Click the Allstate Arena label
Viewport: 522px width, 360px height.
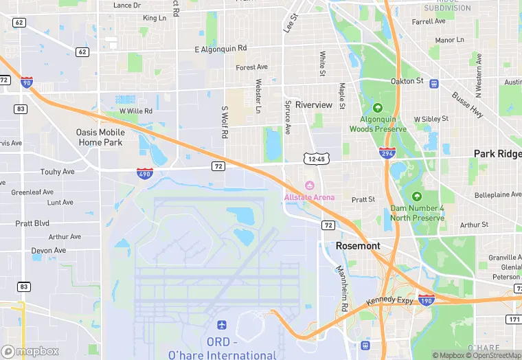[x=309, y=198]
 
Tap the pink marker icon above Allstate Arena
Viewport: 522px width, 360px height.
[x=309, y=185]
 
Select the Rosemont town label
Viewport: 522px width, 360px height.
[x=358, y=246]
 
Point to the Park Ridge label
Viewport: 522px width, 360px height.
[x=497, y=154]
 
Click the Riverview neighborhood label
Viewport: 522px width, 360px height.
[x=314, y=105]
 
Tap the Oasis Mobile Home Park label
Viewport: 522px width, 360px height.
[x=100, y=137]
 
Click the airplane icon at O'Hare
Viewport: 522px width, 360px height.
[x=221, y=324]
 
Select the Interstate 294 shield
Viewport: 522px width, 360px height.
[x=387, y=153]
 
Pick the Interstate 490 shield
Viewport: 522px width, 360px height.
[x=145, y=173]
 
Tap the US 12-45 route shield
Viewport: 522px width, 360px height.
[x=317, y=159]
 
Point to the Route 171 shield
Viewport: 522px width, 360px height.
[x=513, y=319]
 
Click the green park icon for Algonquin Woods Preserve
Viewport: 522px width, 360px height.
[x=377, y=107]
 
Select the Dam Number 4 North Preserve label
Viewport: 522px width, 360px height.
[x=417, y=213]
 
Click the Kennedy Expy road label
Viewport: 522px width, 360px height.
[x=389, y=301]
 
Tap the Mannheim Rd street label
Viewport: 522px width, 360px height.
[x=341, y=287]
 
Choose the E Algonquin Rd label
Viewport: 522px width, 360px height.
[x=220, y=49]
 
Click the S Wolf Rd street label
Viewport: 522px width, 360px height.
[x=224, y=121]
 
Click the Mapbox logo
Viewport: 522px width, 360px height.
[x=30, y=351]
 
